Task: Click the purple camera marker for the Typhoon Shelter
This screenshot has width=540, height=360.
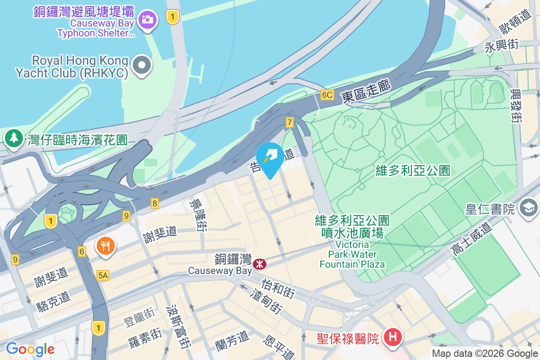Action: point(147,20)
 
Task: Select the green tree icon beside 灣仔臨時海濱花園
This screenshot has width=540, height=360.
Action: point(14,138)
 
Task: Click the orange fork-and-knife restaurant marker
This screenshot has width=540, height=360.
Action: point(106,246)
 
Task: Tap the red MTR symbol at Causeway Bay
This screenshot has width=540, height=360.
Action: point(260,264)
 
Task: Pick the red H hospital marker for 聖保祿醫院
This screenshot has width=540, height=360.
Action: point(393,337)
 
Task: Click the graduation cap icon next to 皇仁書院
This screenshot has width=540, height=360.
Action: point(528,207)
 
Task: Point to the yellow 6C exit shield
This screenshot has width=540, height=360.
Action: point(327,95)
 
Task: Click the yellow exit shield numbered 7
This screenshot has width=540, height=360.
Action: point(290,122)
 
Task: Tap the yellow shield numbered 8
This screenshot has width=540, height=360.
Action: point(155,203)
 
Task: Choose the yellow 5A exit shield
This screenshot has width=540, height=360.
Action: point(103,275)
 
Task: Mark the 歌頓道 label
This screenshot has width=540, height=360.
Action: point(511,22)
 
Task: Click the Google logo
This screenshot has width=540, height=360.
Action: point(31,349)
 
